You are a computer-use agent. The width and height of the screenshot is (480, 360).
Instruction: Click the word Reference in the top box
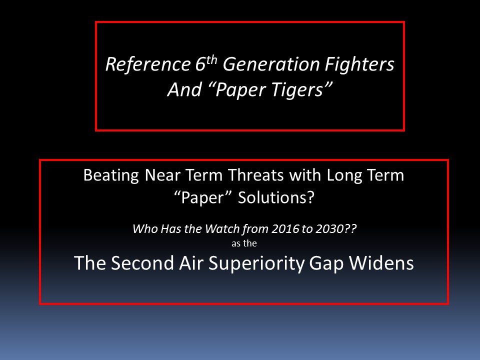pos(148,64)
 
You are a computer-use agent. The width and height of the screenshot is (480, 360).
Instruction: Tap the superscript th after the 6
pos(211,59)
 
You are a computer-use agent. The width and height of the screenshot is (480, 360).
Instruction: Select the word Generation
pos(271,64)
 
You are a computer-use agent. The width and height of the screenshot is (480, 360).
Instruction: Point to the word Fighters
pos(359,64)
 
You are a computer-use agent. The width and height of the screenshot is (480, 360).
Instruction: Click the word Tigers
pos(296,90)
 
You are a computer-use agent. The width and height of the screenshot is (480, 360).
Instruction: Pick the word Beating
pos(111,176)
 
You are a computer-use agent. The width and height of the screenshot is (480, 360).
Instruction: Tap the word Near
pos(162,175)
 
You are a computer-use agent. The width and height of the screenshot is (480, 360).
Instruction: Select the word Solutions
pos(276,198)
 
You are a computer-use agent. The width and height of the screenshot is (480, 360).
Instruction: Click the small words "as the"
pos(244,243)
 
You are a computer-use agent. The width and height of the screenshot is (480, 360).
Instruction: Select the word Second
pos(142,263)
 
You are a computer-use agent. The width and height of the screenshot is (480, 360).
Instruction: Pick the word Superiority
pos(256,263)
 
